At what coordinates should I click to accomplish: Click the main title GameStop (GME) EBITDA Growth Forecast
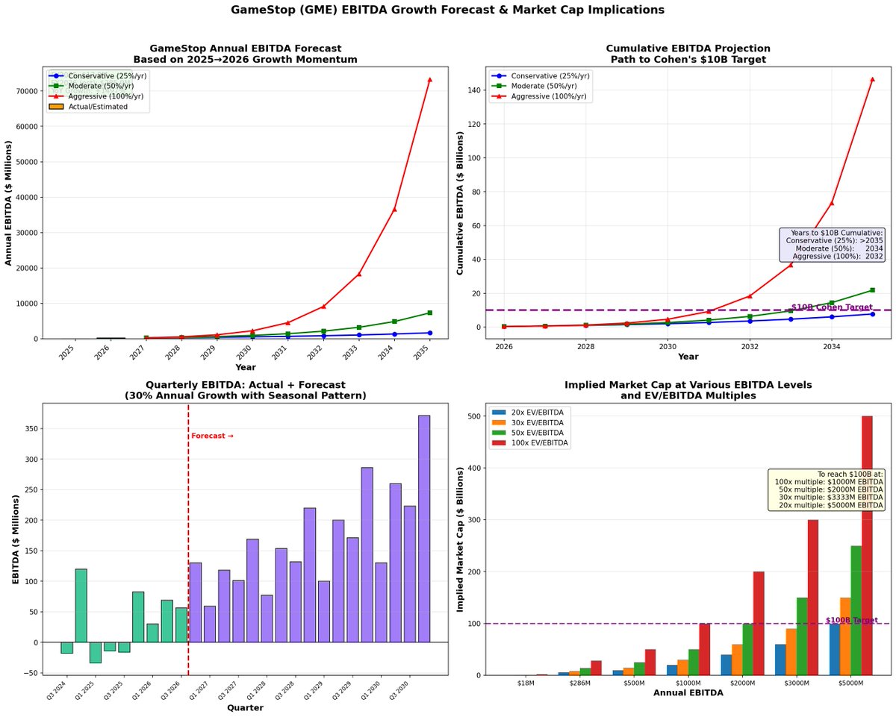tap(447, 10)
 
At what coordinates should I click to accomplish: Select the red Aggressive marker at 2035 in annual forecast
tap(429, 79)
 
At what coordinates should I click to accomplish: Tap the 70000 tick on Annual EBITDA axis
tap(25, 91)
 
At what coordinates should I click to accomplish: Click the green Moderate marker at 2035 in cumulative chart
tap(872, 290)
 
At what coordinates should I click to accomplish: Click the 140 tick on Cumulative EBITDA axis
tap(474, 90)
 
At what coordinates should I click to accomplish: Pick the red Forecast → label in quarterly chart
tap(212, 436)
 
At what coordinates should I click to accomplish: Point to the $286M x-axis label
tap(580, 683)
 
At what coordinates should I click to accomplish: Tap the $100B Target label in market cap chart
tap(851, 620)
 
